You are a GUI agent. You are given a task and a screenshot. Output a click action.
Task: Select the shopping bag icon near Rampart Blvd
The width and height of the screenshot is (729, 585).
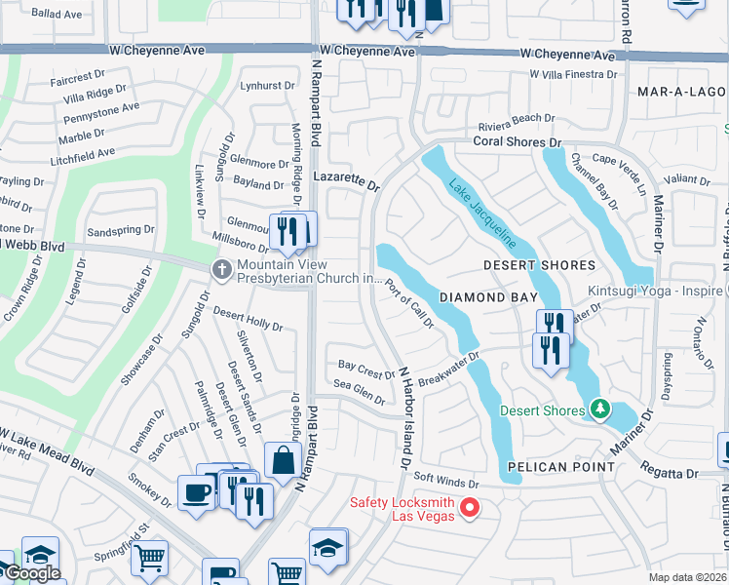[281, 459]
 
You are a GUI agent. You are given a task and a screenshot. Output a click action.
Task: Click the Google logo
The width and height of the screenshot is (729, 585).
[31, 573]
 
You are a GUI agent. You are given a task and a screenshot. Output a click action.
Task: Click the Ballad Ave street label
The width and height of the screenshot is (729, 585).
[57, 15]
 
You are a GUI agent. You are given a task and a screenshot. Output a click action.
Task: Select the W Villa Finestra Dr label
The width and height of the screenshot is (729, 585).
[573, 73]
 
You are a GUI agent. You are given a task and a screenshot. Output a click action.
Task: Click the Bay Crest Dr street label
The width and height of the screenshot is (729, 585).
[365, 370]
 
